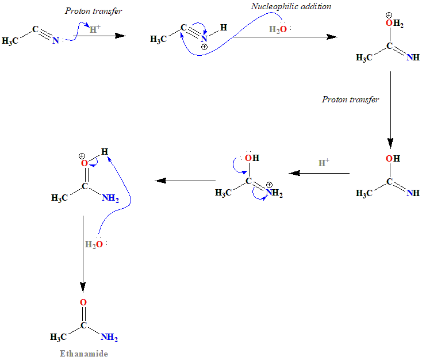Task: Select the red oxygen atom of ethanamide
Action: (x=83, y=302)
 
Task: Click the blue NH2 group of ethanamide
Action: (x=109, y=336)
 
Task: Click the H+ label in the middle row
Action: (x=324, y=163)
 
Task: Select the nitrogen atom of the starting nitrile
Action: (x=55, y=40)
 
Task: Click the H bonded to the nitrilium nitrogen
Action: (x=224, y=27)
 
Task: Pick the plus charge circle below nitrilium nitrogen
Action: (x=204, y=46)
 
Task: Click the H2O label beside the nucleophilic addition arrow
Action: (x=277, y=29)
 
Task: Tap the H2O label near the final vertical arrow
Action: (x=94, y=244)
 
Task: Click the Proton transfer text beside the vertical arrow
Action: (x=350, y=99)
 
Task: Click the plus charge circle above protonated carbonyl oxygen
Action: (x=82, y=155)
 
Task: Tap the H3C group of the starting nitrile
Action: (x=11, y=41)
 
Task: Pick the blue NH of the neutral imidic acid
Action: (x=412, y=193)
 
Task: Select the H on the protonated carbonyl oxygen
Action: (x=104, y=152)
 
